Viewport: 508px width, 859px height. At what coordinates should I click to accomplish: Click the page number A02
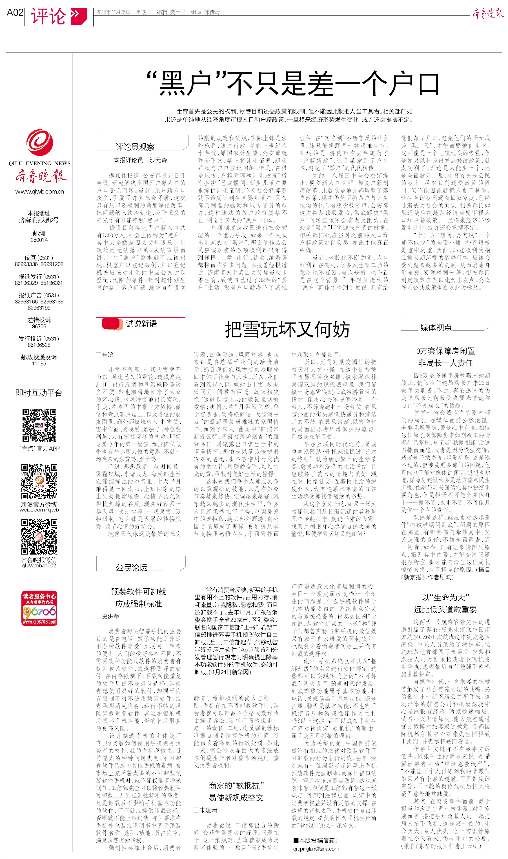click(15, 13)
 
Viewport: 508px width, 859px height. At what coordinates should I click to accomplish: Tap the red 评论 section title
click(48, 16)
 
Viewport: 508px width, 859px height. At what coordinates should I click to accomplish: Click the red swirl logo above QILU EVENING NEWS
click(40, 142)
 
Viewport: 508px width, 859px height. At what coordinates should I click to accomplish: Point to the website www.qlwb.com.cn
click(39, 192)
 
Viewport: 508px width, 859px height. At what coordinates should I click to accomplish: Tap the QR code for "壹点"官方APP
click(39, 425)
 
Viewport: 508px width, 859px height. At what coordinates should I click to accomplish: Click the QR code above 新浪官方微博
click(39, 481)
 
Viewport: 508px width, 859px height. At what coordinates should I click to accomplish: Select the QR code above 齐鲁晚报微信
click(39, 537)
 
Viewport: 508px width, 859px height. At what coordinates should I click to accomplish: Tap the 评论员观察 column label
click(135, 147)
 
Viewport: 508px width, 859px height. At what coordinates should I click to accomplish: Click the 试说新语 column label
click(141, 324)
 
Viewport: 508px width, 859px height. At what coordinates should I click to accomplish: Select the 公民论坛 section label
click(132, 568)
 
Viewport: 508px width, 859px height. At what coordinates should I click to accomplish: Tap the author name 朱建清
click(208, 810)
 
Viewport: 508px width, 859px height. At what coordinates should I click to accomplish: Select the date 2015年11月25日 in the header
click(113, 12)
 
